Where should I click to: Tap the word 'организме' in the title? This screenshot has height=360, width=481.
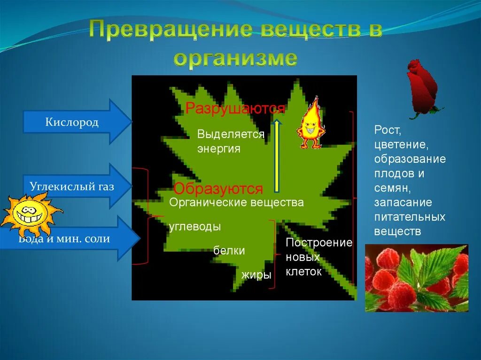(235, 59)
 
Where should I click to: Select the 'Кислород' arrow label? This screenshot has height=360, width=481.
(72, 123)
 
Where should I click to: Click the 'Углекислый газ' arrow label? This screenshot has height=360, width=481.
(72, 186)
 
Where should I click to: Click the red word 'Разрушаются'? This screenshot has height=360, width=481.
(235, 108)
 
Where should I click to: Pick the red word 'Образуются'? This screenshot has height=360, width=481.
(218, 189)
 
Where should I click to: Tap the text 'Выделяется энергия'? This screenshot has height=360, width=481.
(231, 142)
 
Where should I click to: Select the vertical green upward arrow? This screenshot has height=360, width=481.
(277, 155)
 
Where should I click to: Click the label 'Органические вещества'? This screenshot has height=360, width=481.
(236, 203)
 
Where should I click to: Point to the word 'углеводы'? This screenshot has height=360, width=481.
(195, 226)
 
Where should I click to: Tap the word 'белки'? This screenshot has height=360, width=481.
(229, 251)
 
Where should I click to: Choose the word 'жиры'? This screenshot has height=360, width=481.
(256, 275)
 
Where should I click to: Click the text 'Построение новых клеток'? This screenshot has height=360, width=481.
(318, 257)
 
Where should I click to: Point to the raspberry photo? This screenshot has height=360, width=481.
(417, 278)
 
